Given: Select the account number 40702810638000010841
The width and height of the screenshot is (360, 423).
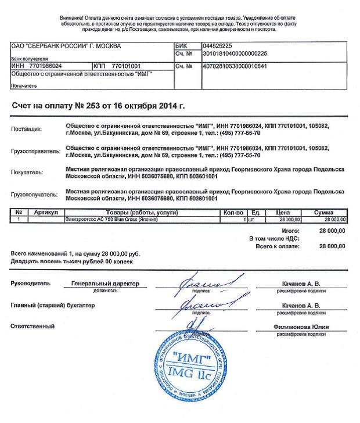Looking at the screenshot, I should (x=235, y=66).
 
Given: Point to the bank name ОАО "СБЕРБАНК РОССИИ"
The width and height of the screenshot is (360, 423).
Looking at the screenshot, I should (x=58, y=45).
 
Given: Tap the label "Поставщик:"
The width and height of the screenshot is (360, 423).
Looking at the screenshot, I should (x=27, y=128).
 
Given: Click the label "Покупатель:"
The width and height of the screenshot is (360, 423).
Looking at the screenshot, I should (x=28, y=173).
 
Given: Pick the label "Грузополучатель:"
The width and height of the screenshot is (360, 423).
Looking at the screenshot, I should (x=35, y=194).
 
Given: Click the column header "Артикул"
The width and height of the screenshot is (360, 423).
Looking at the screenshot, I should (x=46, y=212).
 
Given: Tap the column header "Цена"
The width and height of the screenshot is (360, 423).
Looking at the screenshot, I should (x=283, y=212).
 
